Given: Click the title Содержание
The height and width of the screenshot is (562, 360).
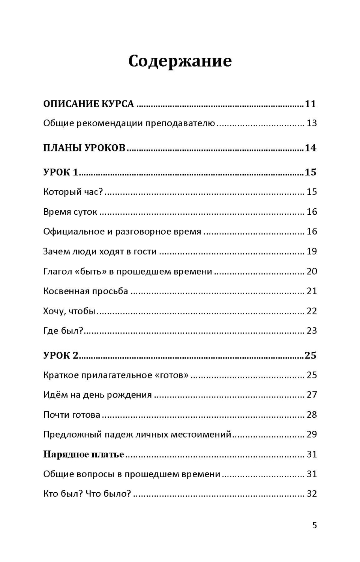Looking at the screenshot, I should pyautogui.click(x=180, y=61).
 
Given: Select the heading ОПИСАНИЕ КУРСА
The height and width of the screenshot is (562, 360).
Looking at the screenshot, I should pyautogui.click(x=88, y=104).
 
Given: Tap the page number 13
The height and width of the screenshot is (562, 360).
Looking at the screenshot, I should pyautogui.click(x=312, y=123).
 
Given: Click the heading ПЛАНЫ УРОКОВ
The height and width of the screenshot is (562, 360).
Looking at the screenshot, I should pyautogui.click(x=84, y=148).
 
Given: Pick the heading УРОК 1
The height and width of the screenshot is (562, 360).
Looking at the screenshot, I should pyautogui.click(x=61, y=172).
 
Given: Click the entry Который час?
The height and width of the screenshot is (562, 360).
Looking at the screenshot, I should pyautogui.click(x=73, y=192).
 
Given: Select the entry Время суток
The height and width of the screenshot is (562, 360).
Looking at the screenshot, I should pyautogui.click(x=70, y=212).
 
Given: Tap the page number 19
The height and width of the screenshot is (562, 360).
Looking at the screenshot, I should pyautogui.click(x=312, y=251).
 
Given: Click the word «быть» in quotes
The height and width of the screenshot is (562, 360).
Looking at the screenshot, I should pyautogui.click(x=93, y=271).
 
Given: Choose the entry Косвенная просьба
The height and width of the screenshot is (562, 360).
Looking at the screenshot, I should pyautogui.click(x=85, y=291).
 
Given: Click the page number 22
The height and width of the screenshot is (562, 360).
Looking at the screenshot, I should pyautogui.click(x=312, y=311).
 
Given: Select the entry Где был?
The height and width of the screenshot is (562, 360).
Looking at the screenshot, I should pyautogui.click(x=63, y=331).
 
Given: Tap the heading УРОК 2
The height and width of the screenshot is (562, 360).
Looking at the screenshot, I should pyautogui.click(x=61, y=355).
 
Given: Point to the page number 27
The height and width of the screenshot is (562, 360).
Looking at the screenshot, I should pyautogui.click(x=312, y=395).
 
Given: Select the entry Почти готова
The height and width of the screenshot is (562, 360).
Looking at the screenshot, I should pyautogui.click(x=72, y=415).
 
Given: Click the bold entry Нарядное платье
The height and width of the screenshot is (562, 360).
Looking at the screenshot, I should pyautogui.click(x=83, y=454).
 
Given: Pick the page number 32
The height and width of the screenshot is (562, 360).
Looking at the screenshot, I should pyautogui.click(x=312, y=494).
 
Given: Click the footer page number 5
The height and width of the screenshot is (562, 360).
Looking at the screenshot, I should pyautogui.click(x=314, y=525).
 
